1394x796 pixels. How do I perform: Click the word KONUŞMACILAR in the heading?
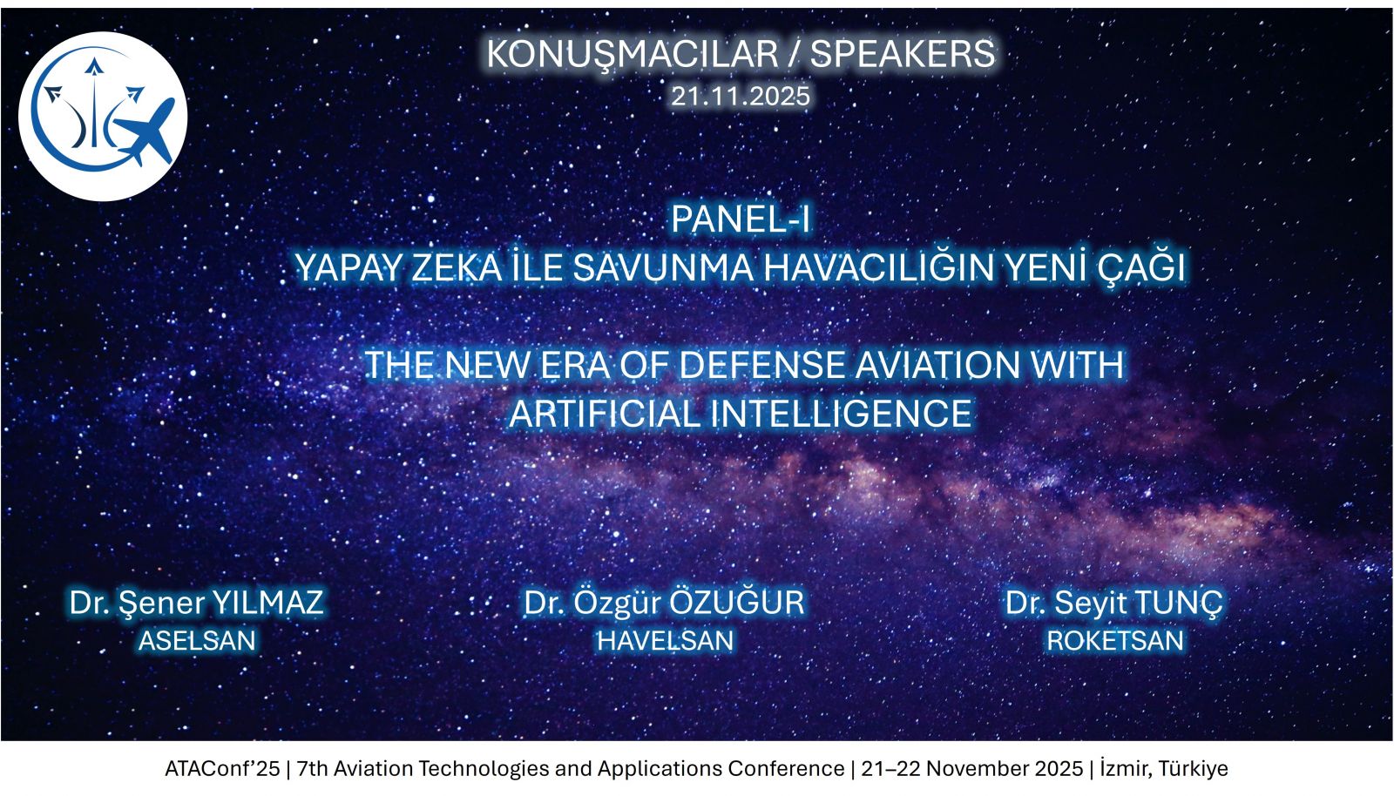pyautogui.click(x=632, y=55)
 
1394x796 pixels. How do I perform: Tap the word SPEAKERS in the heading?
pyautogui.click(x=903, y=54)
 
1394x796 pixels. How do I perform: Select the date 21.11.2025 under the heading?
pyautogui.click(x=741, y=97)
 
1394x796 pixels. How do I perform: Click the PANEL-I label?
pyautogui.click(x=741, y=219)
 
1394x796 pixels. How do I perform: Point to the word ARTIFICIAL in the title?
pyautogui.click(x=606, y=415)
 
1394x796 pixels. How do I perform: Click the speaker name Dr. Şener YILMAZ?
pyautogui.click(x=197, y=603)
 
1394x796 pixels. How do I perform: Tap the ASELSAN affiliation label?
pyautogui.click(x=197, y=641)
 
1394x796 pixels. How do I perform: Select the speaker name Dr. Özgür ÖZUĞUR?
pyautogui.click(x=664, y=602)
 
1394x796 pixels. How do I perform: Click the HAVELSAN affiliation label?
pyautogui.click(x=666, y=641)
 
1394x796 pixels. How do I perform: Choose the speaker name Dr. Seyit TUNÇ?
pyautogui.click(x=1114, y=603)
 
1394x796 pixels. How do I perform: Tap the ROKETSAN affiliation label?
pyautogui.click(x=1115, y=641)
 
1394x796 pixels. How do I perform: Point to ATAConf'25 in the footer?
pyautogui.click(x=222, y=769)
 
